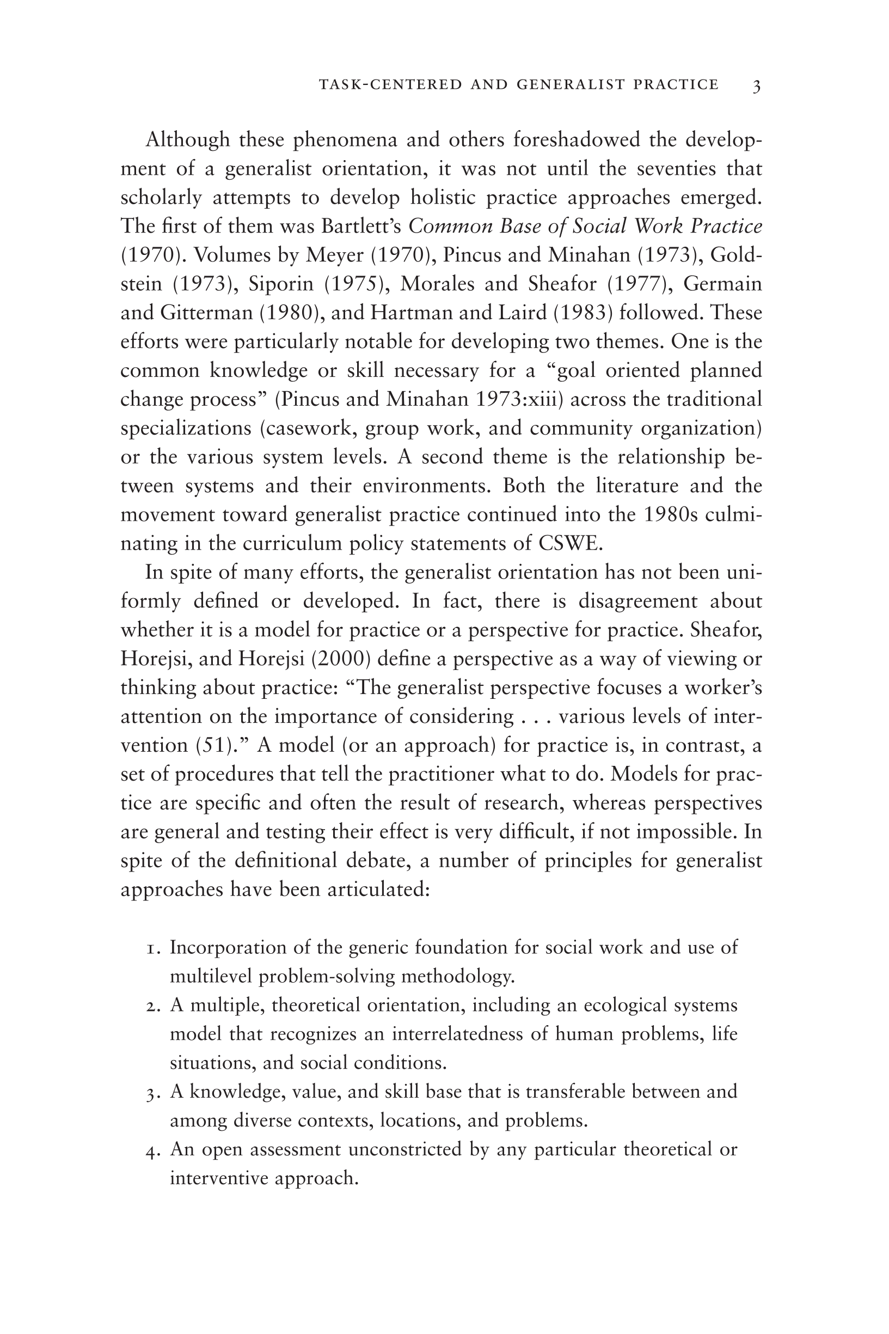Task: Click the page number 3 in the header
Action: click(756, 86)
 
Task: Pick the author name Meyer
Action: click(334, 255)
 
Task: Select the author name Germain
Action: click(722, 284)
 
